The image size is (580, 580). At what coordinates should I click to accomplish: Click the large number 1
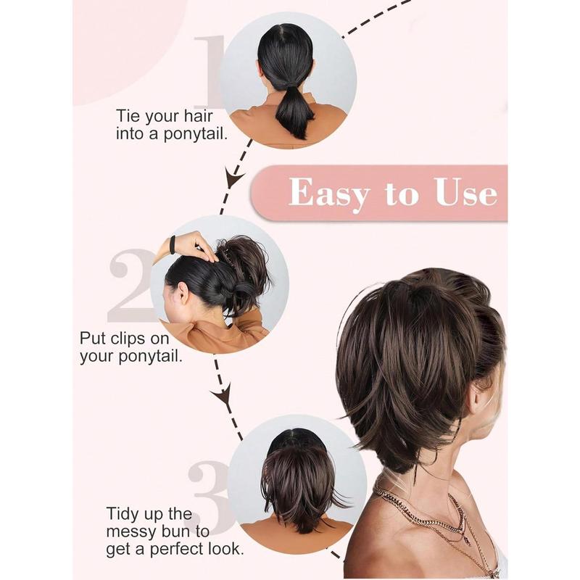pyautogui.click(x=210, y=72)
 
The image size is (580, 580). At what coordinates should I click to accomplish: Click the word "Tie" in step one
pyautogui.click(x=128, y=115)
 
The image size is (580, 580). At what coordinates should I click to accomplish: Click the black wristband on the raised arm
pyautogui.click(x=172, y=245)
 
